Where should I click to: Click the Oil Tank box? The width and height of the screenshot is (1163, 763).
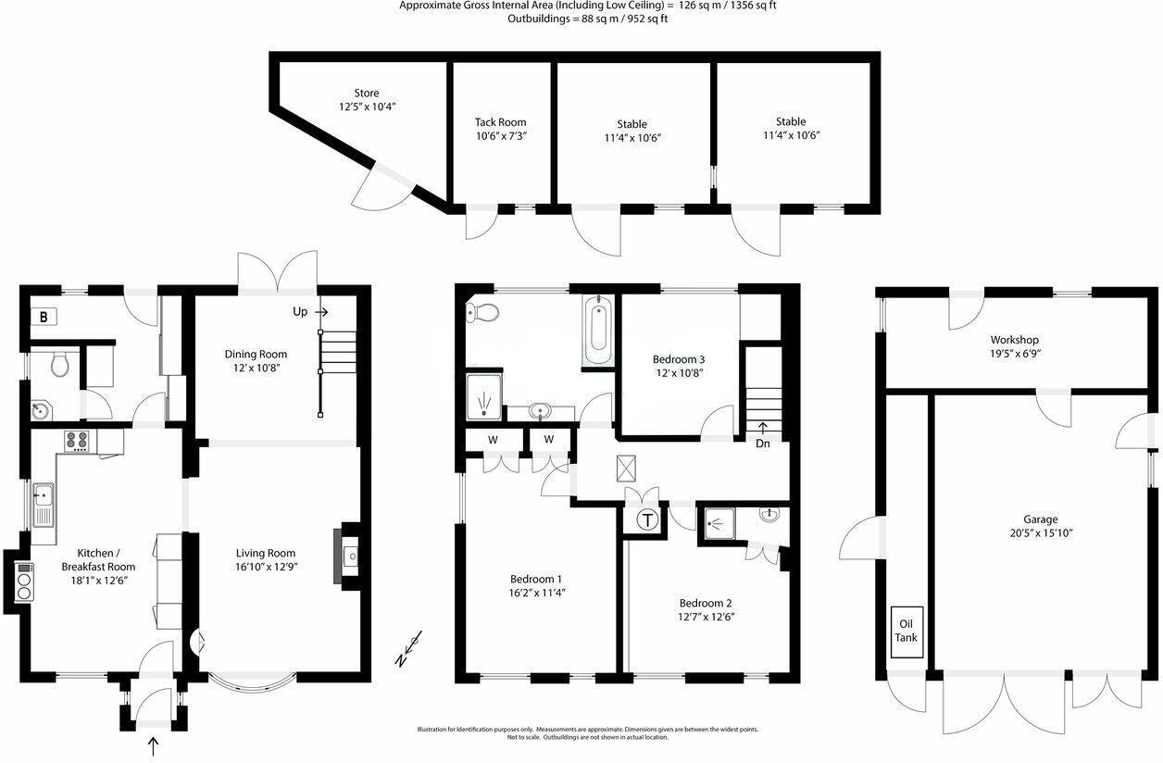pos(907,632)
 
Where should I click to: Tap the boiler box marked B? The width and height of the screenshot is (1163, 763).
pos(44,317)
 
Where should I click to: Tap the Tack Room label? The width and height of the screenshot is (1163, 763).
pos(500,122)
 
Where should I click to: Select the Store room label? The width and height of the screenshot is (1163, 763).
pos(366,93)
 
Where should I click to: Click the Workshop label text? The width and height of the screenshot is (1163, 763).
pos(1014,339)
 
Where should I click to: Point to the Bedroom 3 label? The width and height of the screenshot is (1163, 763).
pos(679,359)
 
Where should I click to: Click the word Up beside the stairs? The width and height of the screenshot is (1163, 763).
pos(300,312)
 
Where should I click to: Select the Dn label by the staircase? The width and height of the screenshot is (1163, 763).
pos(762,444)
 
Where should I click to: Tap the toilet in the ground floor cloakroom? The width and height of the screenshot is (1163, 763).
pos(60,365)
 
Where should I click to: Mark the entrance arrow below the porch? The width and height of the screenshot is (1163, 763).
pos(153,744)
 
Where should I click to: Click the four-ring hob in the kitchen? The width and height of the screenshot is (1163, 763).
pos(76,441)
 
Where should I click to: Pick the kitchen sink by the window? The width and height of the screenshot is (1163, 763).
pos(43,505)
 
